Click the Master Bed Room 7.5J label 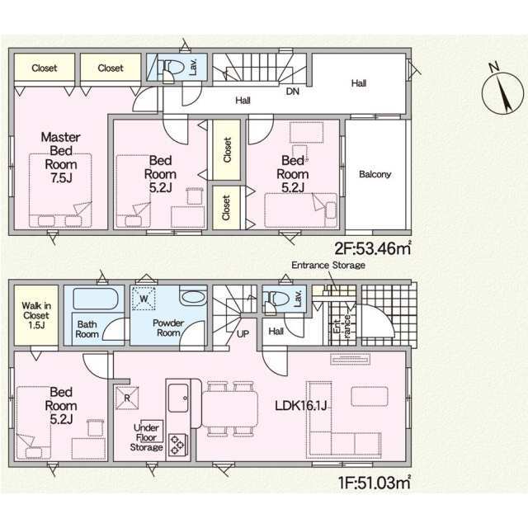[x=60, y=158]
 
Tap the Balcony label [x=375, y=174]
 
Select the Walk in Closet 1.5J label [x=36, y=315]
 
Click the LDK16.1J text [x=301, y=406]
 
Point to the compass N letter [x=493, y=67]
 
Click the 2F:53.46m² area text [x=373, y=248]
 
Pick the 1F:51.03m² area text [x=375, y=483]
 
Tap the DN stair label [x=292, y=92]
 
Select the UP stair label [x=243, y=334]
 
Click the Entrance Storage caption [x=328, y=266]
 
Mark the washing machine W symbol [x=144, y=299]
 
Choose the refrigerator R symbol [x=127, y=398]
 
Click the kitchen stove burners [x=177, y=445]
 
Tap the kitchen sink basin [x=178, y=398]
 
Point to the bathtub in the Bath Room [x=96, y=299]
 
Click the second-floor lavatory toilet [x=172, y=68]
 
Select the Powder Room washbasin [x=192, y=296]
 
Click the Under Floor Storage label [x=147, y=437]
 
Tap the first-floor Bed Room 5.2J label [x=61, y=405]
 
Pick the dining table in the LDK [x=229, y=408]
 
